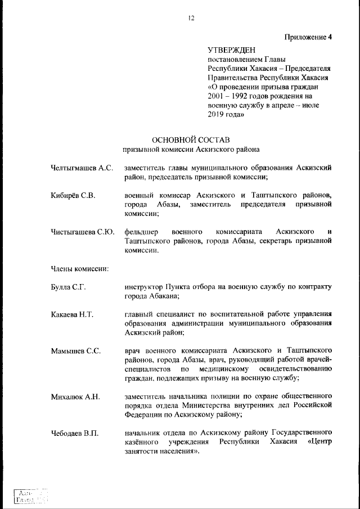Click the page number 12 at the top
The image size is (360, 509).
[191, 18]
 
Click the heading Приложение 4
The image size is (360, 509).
[308, 38]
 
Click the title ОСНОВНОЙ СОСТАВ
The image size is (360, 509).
[191, 139]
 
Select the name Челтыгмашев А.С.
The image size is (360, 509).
[82, 167]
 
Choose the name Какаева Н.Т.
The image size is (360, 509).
[72, 314]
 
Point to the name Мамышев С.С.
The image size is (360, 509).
[76, 351]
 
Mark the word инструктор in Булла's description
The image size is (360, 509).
[145, 287]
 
